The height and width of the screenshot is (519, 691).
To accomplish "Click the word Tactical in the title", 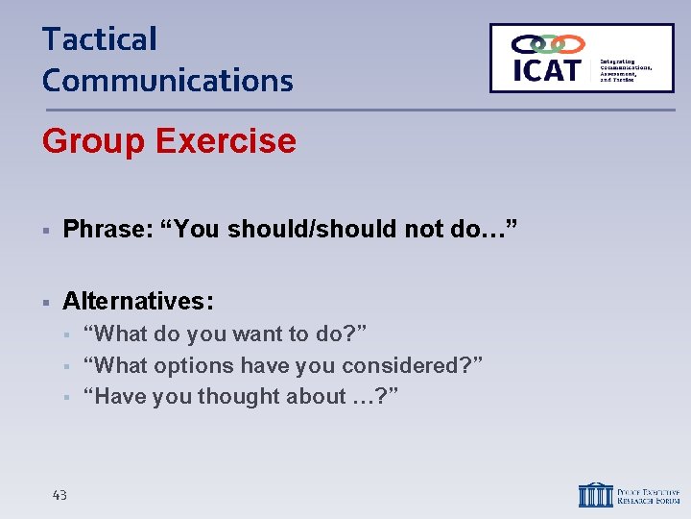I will coord(99,39).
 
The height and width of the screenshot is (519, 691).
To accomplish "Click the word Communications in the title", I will coord(167,80).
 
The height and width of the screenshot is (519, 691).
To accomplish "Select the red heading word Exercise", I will coord(226,141).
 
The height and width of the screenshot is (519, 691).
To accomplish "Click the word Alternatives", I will coord(137,301).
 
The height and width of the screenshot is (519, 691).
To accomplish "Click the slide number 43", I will coord(60,495).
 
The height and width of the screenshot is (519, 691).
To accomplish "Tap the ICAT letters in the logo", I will coord(546,70).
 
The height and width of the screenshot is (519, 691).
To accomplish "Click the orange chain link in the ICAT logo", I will coord(570,44).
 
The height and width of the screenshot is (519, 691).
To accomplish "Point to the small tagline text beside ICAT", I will coord(625,67).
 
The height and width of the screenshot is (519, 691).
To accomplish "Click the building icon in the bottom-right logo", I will coord(594,494).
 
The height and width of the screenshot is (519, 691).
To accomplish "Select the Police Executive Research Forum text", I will coord(648,495).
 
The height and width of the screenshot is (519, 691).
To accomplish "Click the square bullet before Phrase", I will coord(45,230).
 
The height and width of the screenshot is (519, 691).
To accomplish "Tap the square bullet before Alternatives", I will coord(45,302).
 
